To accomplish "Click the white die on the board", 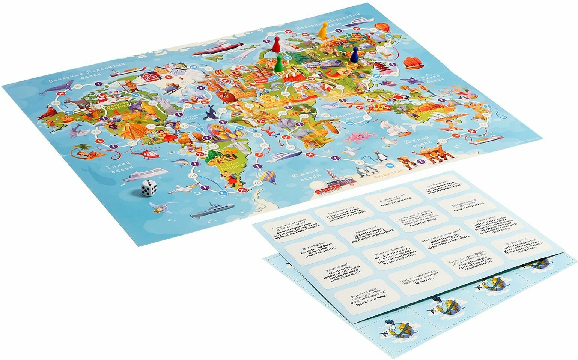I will click(149, 187).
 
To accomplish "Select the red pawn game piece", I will click(276, 45).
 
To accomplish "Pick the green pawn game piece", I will click(279, 65).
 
